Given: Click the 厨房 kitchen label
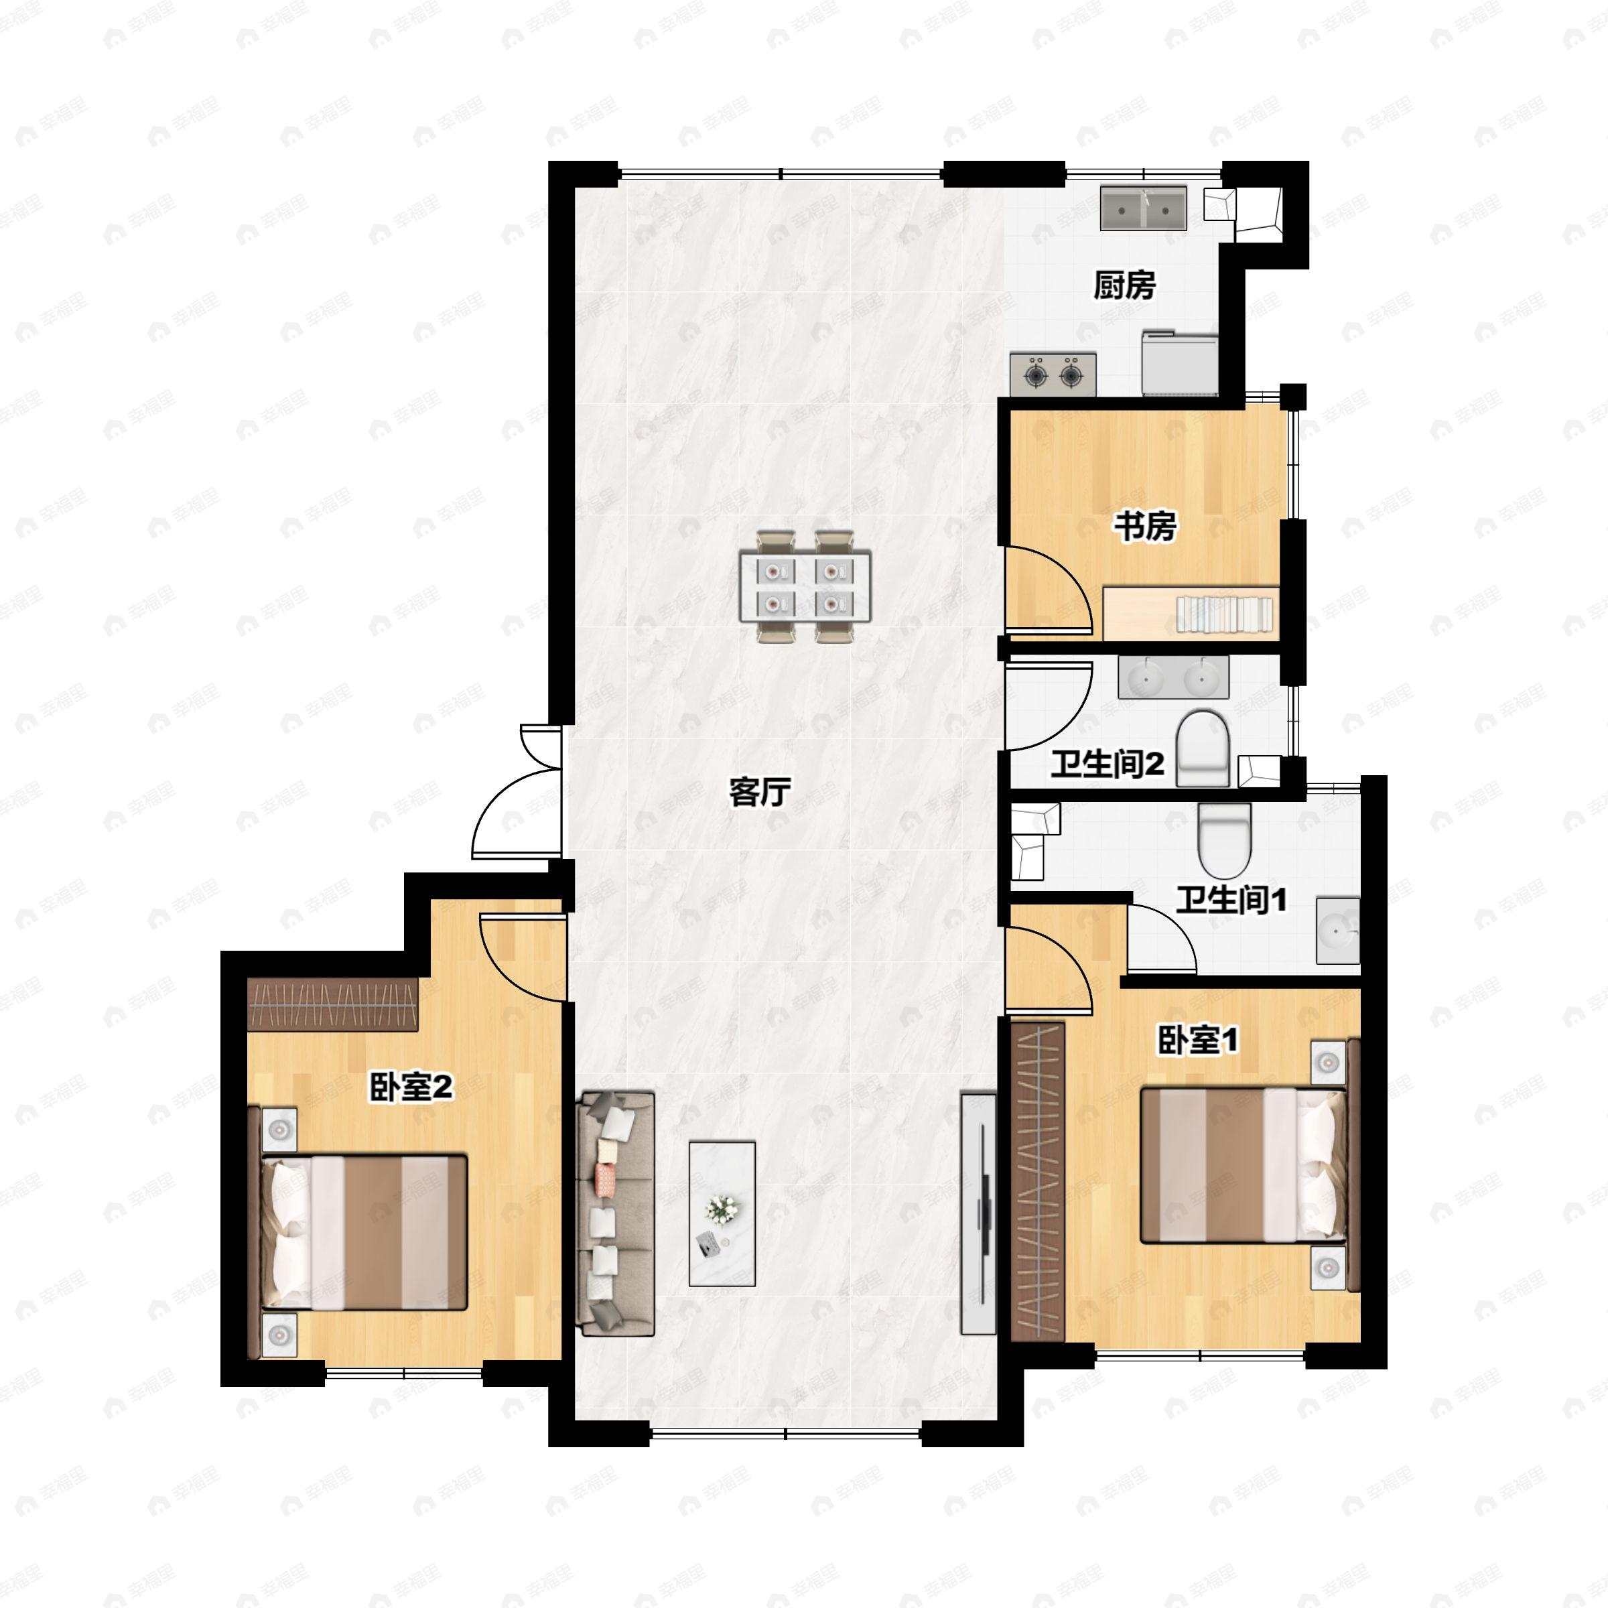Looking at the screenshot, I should pyautogui.click(x=1124, y=285).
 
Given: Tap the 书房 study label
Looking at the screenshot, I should pyautogui.click(x=1145, y=526).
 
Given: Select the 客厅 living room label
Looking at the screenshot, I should pyautogui.click(x=759, y=791).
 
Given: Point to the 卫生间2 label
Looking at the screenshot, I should pyautogui.click(x=1106, y=763).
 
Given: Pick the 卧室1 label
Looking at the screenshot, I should pyautogui.click(x=1199, y=1040).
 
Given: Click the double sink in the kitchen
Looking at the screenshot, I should pyautogui.click(x=1144, y=208).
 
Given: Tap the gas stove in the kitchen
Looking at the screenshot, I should pyautogui.click(x=1053, y=375).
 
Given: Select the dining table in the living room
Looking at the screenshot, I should pyautogui.click(x=805, y=586).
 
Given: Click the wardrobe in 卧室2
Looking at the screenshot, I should pyautogui.click(x=332, y=1004).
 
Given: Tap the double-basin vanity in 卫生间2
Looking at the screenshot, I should pyautogui.click(x=1172, y=677).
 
